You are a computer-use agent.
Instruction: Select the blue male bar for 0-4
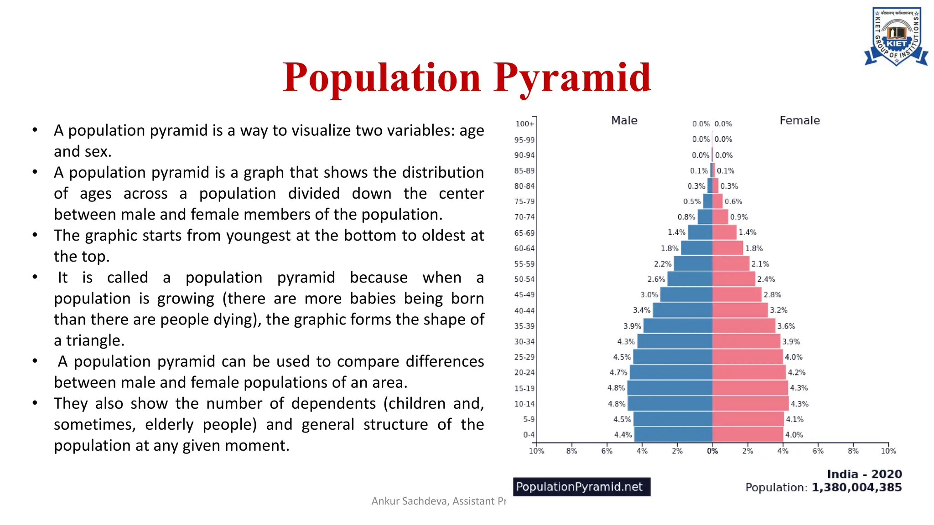tap(673, 435)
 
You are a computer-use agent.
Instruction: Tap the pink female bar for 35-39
tap(743, 326)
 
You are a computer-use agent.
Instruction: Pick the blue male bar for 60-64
tap(696, 248)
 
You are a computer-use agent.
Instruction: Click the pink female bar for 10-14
tap(750, 404)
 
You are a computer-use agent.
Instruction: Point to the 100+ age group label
tap(524, 124)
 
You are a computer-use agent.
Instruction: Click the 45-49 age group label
tap(524, 295)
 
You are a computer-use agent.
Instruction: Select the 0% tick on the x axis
tap(712, 451)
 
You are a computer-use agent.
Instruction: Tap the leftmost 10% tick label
tap(536, 451)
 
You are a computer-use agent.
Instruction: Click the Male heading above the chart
tap(624, 121)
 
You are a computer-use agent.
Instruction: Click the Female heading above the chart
tap(799, 121)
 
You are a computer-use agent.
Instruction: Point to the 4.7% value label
tap(618, 373)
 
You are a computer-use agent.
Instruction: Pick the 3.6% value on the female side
tap(786, 326)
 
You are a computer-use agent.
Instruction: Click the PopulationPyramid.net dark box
tap(581, 487)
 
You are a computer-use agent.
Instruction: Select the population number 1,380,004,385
tap(856, 488)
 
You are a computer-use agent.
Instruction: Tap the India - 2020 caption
tap(864, 474)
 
